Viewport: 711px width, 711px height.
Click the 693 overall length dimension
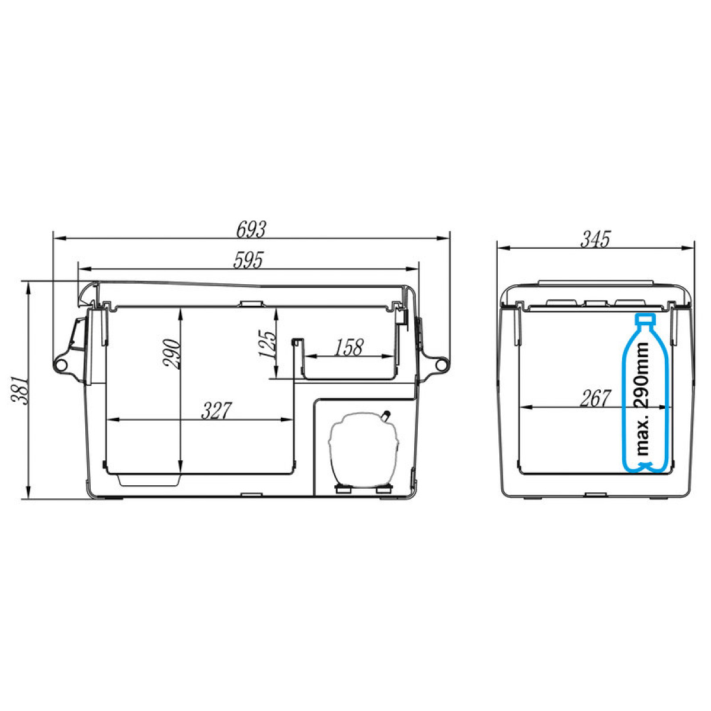pyautogui.click(x=251, y=229)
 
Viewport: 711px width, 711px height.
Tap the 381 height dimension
pyautogui.click(x=19, y=390)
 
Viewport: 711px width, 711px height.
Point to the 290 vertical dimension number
pyautogui.click(x=172, y=354)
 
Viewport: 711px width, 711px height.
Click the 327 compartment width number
pyautogui.click(x=217, y=410)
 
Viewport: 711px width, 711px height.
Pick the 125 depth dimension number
pyautogui.click(x=267, y=344)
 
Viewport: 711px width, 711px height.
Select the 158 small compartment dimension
pyautogui.click(x=349, y=347)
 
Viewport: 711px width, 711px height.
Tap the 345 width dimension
pyautogui.click(x=595, y=239)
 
